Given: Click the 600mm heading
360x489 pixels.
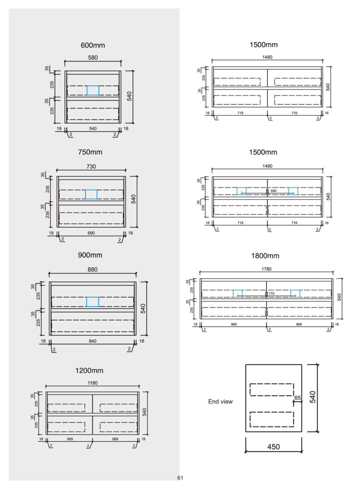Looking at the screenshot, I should (93, 45).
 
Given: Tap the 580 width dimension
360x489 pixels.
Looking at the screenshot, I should (93, 58).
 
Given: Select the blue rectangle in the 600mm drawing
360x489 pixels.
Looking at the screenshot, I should (93, 90).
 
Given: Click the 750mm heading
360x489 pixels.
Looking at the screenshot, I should (90, 152).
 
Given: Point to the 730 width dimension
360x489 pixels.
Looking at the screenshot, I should (91, 166).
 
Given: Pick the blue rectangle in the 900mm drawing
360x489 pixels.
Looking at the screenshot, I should (93, 302).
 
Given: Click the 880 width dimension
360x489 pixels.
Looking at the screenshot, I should (92, 270).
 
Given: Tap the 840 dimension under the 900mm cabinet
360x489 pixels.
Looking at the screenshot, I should (92, 341).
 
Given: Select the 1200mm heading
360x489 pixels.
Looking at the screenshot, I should (89, 371).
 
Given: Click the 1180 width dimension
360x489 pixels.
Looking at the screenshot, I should (92, 383).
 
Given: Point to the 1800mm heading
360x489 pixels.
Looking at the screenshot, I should (265, 256).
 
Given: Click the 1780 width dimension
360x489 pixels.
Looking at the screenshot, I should (266, 269).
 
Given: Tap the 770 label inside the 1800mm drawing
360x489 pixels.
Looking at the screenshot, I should (272, 294).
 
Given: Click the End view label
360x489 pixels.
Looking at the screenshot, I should (220, 402).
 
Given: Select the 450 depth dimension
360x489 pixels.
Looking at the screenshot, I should (273, 447).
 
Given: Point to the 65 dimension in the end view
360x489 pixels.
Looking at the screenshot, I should (297, 398).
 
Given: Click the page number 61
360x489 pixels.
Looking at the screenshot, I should (180, 478).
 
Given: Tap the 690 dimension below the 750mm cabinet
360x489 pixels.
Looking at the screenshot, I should (91, 233).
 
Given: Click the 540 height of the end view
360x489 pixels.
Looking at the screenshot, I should (313, 397).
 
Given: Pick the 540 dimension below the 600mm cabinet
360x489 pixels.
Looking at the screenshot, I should (93, 128).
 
